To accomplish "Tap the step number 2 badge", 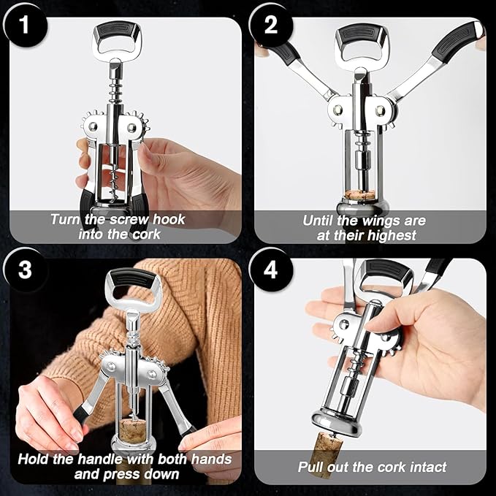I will pyautogui.click(x=271, y=26).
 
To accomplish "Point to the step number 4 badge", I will pyautogui.click(x=271, y=271).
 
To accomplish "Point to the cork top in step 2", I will pyautogui.click(x=359, y=195).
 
